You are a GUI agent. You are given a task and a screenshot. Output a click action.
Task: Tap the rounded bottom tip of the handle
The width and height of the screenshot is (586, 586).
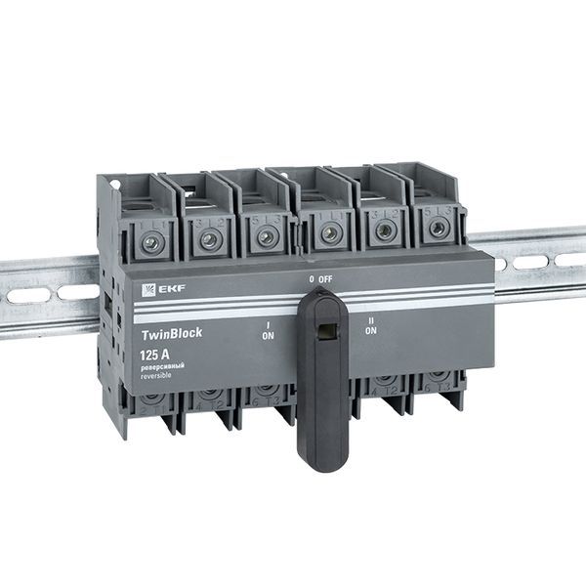(324, 460)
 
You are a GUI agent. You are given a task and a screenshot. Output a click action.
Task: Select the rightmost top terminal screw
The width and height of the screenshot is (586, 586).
(438, 228)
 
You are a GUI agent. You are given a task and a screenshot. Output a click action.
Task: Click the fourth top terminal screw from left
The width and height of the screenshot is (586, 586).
(331, 232)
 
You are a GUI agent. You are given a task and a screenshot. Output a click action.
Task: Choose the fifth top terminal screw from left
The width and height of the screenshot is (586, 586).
(385, 230)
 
